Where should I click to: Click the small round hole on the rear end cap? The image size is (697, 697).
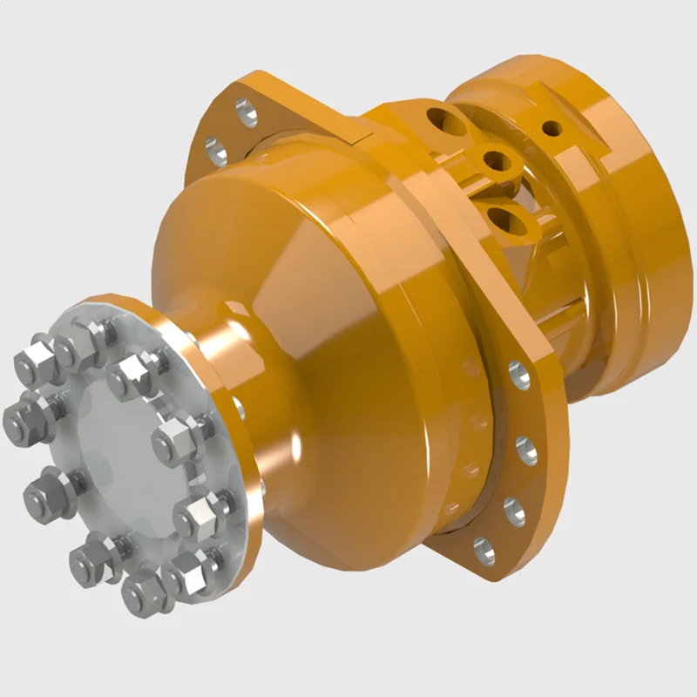pos(551,129)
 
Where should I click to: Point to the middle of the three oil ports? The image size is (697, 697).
pos(496,160)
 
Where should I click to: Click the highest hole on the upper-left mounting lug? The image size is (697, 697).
pos(247,111)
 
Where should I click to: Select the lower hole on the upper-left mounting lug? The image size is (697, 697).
pos(215,151)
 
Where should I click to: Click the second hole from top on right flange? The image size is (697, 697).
pos(526,450)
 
